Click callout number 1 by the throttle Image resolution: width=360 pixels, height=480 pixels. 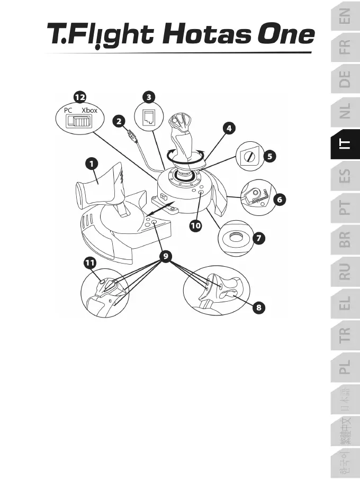92,164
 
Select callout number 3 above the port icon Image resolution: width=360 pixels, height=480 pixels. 149,97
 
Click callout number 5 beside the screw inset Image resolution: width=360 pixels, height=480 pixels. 270,156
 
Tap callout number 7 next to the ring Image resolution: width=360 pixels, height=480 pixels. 258,239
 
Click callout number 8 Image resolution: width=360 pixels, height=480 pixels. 259,306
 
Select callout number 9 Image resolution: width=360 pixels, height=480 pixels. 166,257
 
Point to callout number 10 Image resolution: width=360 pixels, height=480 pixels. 196,225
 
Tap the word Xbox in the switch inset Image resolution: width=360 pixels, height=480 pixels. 90,110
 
